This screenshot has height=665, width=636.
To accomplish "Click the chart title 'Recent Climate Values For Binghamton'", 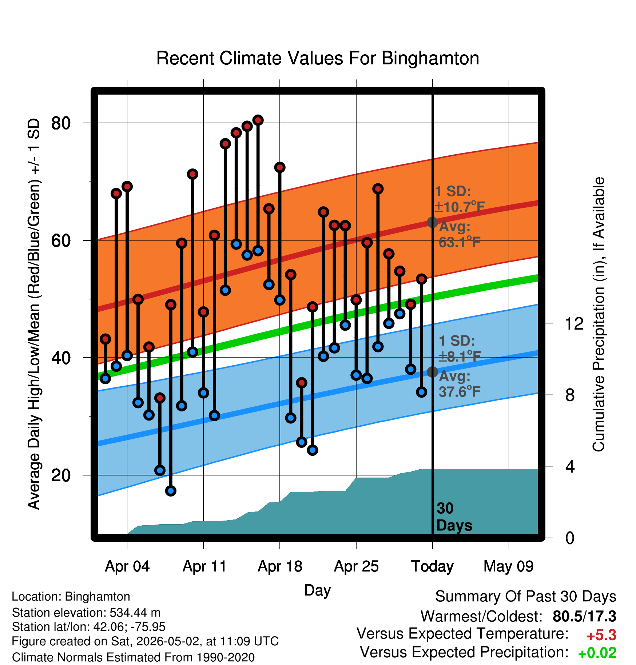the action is (318, 58).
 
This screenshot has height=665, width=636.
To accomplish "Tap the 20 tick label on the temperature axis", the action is (61, 475).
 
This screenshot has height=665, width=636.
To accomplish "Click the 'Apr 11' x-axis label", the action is (204, 566).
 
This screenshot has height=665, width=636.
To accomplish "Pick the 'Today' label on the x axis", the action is (432, 566).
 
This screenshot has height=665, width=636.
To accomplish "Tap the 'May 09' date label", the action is (509, 566).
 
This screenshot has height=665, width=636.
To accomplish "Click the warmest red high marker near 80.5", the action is (258, 120).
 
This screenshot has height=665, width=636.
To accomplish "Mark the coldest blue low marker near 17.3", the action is (171, 491).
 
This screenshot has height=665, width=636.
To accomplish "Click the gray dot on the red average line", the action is (432, 222).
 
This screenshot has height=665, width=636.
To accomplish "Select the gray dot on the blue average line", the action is (432, 372).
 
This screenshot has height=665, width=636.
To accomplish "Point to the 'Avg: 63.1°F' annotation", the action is (460, 234).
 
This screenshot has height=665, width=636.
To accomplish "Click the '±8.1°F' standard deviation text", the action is (460, 357).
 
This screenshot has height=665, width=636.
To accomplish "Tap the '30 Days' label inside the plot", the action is (454, 517).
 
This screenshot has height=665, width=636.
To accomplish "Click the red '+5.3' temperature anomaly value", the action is (601, 635).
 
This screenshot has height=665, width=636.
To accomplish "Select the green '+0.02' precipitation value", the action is (597, 653).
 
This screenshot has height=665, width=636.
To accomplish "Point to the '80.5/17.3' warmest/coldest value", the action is (584, 616).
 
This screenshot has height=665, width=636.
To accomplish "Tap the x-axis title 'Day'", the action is (317, 590).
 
